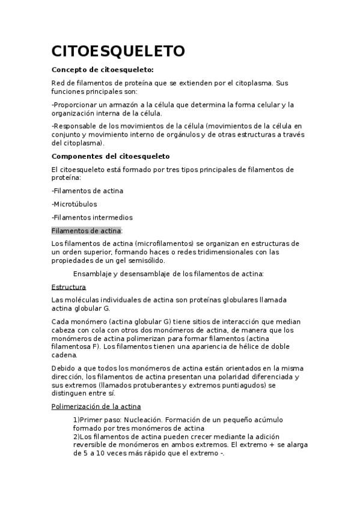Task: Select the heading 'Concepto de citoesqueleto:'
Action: [x=103, y=70]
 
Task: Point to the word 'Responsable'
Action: [x=76, y=126]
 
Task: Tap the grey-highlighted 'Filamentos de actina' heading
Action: [x=87, y=230]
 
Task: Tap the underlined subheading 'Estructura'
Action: [x=69, y=287]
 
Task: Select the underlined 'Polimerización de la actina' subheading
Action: [x=96, y=407]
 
